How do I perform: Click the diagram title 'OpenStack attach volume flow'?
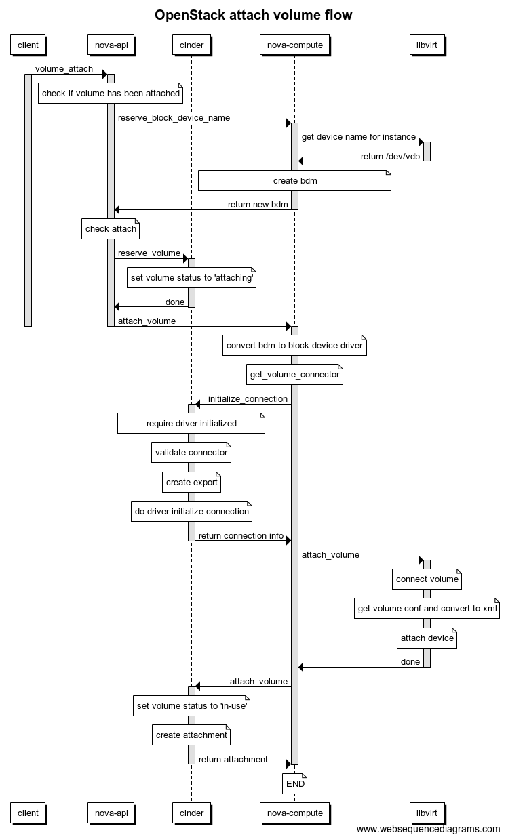[x=253, y=15]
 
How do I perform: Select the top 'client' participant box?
[x=28, y=45]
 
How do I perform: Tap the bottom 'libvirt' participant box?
[x=427, y=813]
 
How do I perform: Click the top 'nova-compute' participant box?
[x=294, y=45]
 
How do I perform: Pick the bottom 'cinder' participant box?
[x=191, y=813]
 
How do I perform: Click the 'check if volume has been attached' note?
[x=111, y=94]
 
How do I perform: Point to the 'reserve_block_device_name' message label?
[x=174, y=118]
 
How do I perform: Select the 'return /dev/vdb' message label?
[x=391, y=156]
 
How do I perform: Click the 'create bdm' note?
[x=294, y=181]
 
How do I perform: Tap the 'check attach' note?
[x=111, y=229]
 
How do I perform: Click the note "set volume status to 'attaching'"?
[x=192, y=278]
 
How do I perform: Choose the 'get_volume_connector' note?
[x=294, y=375]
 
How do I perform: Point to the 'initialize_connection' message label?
[x=248, y=399]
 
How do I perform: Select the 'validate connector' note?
[x=191, y=453]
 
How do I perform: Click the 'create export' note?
[x=191, y=483]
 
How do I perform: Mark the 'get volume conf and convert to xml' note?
[x=427, y=609]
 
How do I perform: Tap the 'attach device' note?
[x=427, y=638]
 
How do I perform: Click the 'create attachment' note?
[x=191, y=735]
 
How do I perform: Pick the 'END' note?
[x=295, y=784]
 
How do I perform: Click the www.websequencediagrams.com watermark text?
[x=428, y=830]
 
